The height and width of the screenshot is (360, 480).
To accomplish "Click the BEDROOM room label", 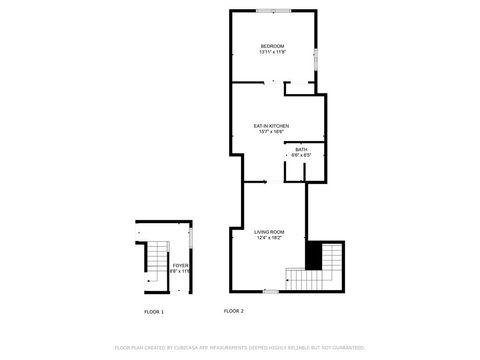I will [x=272, y=46].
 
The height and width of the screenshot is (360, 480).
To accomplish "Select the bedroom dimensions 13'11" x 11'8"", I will [x=272, y=53].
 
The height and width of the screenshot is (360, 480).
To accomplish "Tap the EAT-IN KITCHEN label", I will [x=271, y=125].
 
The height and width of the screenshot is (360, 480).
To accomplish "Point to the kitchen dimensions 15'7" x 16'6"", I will [x=271, y=132].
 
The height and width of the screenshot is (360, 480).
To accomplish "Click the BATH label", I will [x=301, y=150].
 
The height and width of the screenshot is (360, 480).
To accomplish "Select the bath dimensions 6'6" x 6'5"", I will [x=301, y=156].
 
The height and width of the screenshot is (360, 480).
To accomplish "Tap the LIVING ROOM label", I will [x=270, y=231].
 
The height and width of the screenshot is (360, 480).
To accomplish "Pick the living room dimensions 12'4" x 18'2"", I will [x=270, y=238].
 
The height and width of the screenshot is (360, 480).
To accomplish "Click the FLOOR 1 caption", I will [x=154, y=311].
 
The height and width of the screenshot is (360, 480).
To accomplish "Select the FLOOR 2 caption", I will [x=234, y=311].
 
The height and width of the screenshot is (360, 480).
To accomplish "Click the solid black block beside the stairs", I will [x=314, y=255].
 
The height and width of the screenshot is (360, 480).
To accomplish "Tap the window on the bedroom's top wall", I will [x=272, y=10].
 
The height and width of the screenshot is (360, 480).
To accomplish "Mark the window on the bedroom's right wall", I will [x=317, y=59].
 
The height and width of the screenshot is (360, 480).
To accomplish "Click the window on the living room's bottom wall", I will [x=270, y=290].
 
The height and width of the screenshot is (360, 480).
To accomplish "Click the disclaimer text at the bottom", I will [x=240, y=347].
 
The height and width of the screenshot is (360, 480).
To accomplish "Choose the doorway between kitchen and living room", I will [x=256, y=182].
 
